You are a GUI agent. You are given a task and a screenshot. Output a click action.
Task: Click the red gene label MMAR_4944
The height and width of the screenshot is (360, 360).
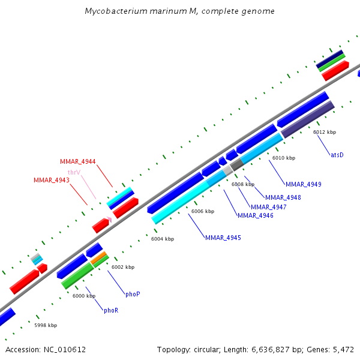(78, 161)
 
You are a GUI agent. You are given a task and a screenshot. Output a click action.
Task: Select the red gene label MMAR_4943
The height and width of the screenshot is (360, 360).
(52, 180)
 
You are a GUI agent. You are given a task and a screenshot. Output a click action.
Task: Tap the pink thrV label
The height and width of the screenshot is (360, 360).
(74, 172)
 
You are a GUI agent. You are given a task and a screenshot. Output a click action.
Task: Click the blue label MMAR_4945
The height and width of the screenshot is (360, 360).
(223, 238)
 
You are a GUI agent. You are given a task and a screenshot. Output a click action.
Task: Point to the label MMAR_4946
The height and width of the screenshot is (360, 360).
(256, 215)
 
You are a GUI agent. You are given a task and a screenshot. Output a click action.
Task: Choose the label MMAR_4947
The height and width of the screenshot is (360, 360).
(269, 207)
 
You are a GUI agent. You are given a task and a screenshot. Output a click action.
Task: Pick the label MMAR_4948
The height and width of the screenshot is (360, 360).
(283, 197)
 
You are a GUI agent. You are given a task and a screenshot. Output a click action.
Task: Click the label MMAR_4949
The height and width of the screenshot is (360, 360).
(304, 184)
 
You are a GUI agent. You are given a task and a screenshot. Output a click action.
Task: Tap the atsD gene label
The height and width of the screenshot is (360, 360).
(337, 155)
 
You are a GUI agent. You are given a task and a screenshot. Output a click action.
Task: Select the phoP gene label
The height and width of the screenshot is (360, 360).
(133, 294)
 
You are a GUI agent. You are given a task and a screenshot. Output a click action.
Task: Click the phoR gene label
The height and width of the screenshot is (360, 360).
(111, 310)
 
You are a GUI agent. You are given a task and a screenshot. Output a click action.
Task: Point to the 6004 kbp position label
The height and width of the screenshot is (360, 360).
(163, 239)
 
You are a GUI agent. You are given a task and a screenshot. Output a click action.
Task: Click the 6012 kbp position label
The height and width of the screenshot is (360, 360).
(325, 132)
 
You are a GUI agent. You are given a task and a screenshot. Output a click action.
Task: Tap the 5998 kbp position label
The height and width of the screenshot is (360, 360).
(46, 325)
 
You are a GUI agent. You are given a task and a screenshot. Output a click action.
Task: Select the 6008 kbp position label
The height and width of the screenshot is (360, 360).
(243, 184)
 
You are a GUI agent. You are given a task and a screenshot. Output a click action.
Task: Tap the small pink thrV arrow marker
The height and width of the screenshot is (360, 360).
(109, 220)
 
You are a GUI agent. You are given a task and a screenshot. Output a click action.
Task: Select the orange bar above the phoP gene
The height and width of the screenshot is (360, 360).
(99, 257)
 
